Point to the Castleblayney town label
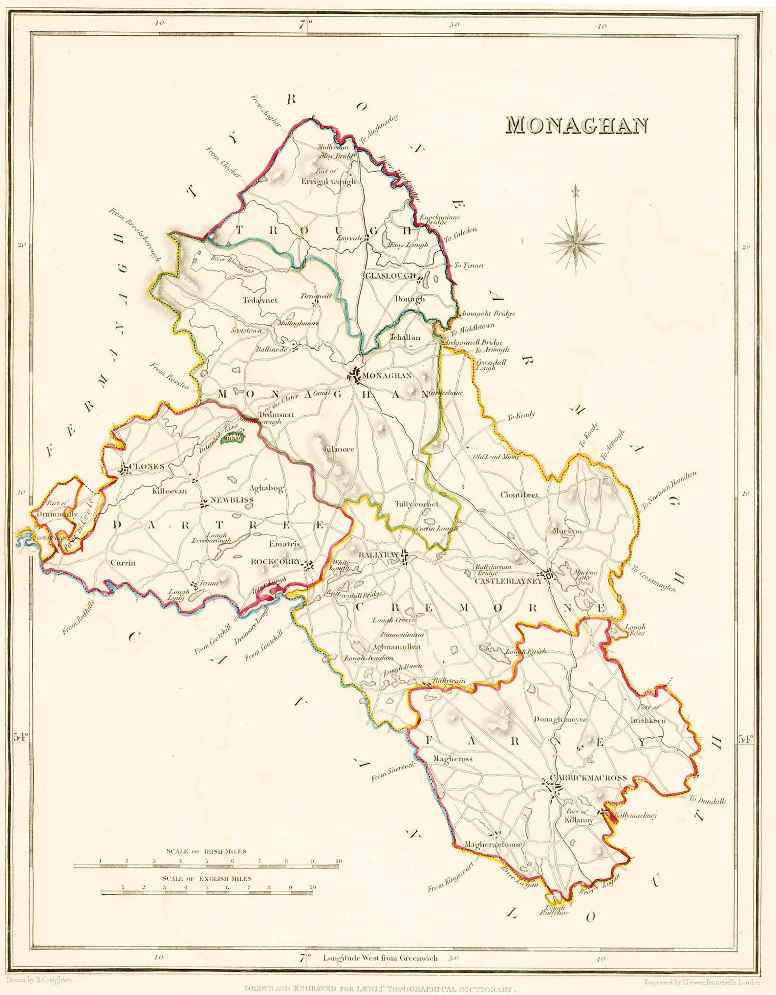point(508,581)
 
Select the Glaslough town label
point(390,275)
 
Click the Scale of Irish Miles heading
point(206,851)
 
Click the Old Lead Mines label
point(496,457)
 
